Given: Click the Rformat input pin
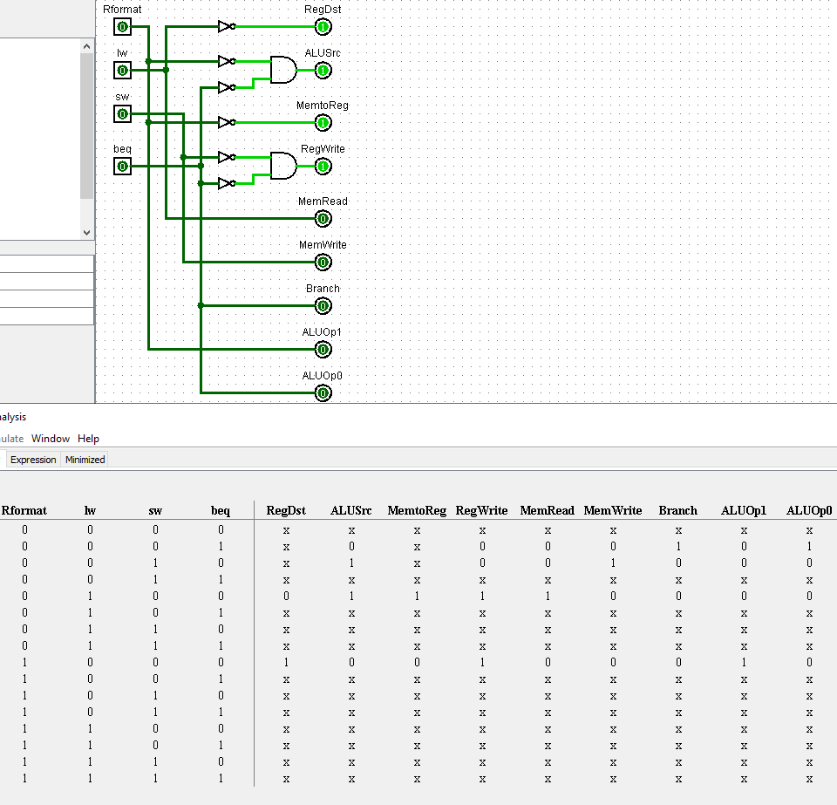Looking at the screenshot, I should [x=122, y=27].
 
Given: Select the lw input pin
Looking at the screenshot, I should [x=122, y=70].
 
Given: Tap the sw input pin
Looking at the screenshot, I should [x=122, y=113].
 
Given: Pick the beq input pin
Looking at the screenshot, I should [x=122, y=166].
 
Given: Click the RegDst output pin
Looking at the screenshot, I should [x=323, y=27].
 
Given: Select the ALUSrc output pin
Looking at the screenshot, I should [x=323, y=71].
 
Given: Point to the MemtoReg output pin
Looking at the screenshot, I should [x=323, y=123].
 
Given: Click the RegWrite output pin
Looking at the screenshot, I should [x=323, y=167].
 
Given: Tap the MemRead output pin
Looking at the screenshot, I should [x=323, y=219].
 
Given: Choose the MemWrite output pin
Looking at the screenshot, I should [x=323, y=263].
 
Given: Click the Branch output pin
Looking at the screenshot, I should [x=323, y=306].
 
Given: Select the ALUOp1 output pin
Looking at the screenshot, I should [x=323, y=350].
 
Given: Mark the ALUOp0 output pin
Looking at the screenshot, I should [x=323, y=393].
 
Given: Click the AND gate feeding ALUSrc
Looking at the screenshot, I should [x=282, y=70].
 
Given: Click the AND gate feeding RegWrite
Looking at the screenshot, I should [x=282, y=166].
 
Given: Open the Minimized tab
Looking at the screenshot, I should [x=85, y=460].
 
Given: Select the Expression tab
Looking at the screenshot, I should [x=33, y=460].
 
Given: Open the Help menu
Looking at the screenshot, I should [x=88, y=439].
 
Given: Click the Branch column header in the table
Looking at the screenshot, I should [x=677, y=510].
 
